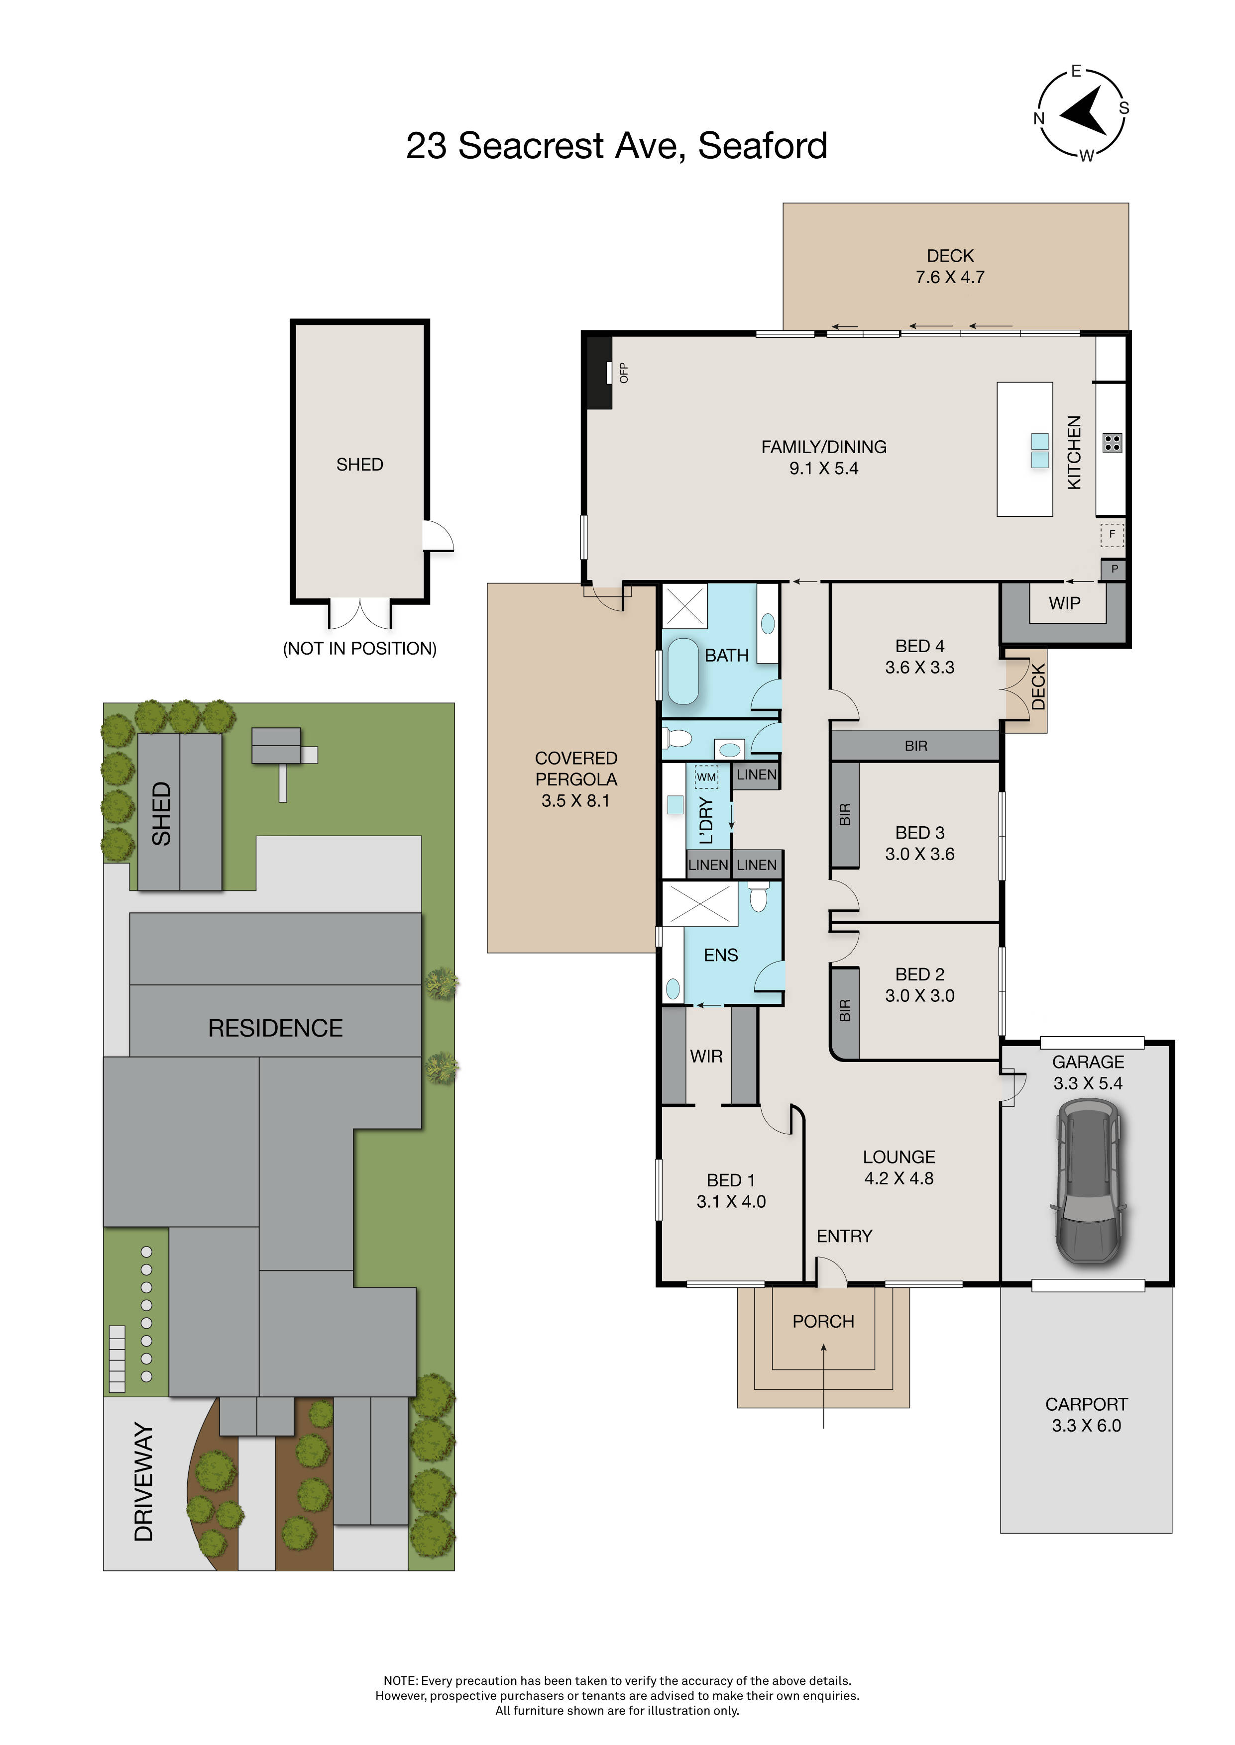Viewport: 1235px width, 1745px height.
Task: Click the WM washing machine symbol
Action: coord(706,776)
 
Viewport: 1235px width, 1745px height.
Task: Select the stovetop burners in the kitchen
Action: coord(1112,443)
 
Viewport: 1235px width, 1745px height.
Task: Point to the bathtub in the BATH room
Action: coord(683,671)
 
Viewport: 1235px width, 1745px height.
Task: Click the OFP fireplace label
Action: coord(624,373)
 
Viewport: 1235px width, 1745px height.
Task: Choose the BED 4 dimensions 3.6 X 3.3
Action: coord(919,667)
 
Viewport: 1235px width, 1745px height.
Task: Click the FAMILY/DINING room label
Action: coord(824,447)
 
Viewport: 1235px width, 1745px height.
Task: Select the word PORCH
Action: coord(823,1322)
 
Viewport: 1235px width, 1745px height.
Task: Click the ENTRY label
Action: coord(844,1237)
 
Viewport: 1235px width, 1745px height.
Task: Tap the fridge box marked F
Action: coord(1112,534)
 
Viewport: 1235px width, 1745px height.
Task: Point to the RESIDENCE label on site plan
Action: coord(275,1028)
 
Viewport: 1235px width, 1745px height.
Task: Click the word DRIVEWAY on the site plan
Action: coord(144,1482)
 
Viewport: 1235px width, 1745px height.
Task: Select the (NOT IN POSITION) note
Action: coord(360,648)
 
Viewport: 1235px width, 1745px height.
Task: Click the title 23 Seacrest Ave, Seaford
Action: coord(617,146)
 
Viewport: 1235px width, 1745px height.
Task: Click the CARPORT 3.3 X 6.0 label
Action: coord(1086,1415)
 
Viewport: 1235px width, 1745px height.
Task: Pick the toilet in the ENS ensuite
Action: coord(758,897)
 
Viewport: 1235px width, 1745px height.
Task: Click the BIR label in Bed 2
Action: coord(845,1011)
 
